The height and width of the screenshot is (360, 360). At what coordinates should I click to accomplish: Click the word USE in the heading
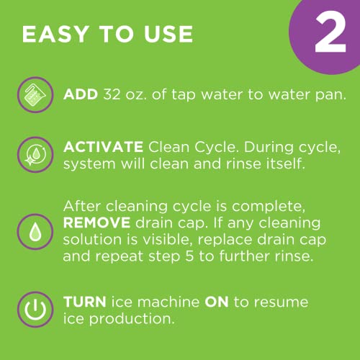tap(166, 34)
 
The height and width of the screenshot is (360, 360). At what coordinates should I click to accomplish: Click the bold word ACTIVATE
tap(104, 148)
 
